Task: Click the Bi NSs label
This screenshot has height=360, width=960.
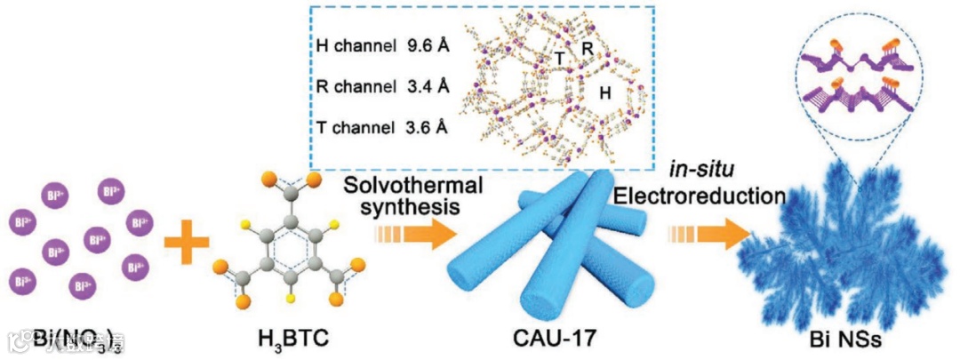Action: pyautogui.click(x=842, y=339)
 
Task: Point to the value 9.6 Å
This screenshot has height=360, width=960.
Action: pyautogui.click(x=425, y=45)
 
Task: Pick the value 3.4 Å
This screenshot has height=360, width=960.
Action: pyautogui.click(x=425, y=86)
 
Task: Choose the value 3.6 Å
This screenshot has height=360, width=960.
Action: pyautogui.click(x=425, y=127)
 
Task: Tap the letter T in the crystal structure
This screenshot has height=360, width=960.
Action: pyautogui.click(x=560, y=58)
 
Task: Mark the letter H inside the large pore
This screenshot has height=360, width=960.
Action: pyautogui.click(x=604, y=92)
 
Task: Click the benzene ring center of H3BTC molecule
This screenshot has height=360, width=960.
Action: pyautogui.click(x=289, y=242)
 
